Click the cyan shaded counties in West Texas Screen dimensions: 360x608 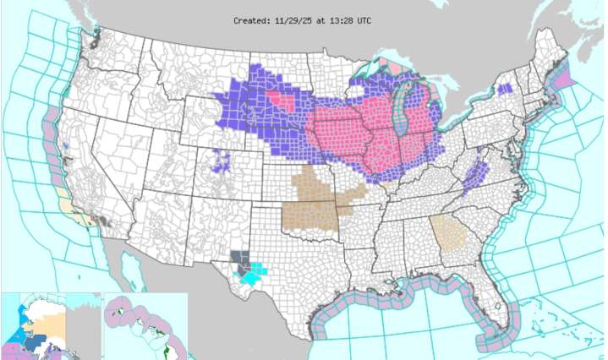pyautogui.click(x=253, y=273)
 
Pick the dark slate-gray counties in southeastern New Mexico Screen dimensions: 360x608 pyautogui.click(x=238, y=259)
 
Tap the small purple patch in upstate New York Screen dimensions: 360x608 pyautogui.click(x=505, y=89)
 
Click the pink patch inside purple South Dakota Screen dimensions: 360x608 pyautogui.click(x=282, y=101)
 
